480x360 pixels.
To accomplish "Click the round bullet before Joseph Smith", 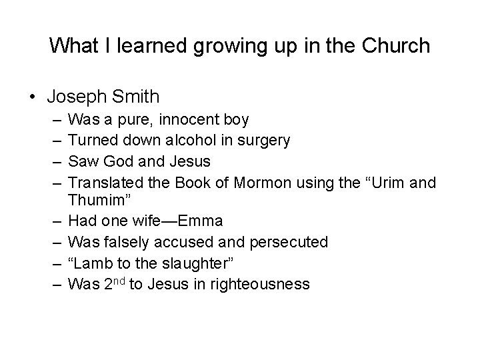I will pyautogui.click(x=33, y=97).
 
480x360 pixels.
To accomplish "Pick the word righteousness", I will pyautogui.click(x=260, y=285).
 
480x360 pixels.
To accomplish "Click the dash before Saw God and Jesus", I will pyautogui.click(x=55, y=161).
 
